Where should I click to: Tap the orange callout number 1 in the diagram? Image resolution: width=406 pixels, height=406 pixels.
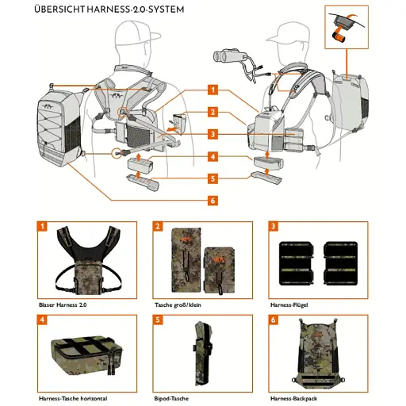click(213, 90)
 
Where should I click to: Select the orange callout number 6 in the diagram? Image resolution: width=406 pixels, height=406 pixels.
click(213, 200)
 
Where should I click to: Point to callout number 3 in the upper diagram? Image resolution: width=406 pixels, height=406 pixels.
click(213, 134)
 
